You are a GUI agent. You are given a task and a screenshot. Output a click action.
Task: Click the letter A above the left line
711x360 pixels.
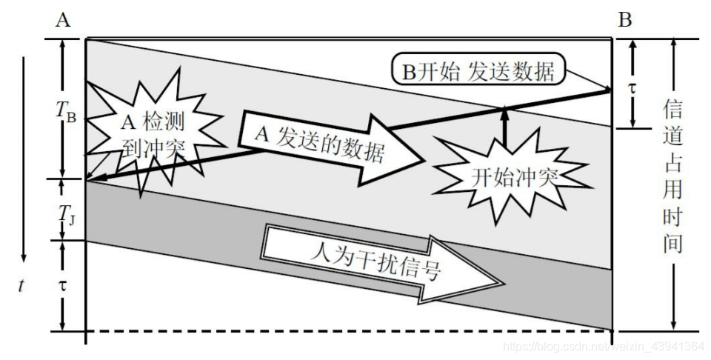[x=63, y=20]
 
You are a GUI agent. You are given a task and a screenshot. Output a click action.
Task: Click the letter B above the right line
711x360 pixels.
[x=626, y=20]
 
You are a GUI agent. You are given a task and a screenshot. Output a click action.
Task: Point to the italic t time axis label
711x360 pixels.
[x=22, y=285]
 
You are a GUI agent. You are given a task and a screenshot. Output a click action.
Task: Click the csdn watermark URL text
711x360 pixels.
[x=603, y=346]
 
